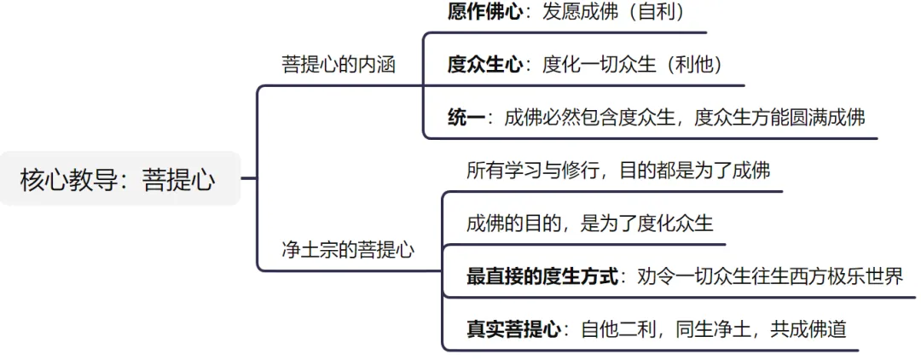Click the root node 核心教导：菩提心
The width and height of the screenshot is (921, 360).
coord(118,179)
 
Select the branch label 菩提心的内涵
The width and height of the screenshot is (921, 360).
coord(339,64)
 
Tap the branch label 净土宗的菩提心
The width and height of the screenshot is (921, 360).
coord(348,250)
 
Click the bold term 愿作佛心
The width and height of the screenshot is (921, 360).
coord(485,12)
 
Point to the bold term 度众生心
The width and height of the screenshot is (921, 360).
coord(485,65)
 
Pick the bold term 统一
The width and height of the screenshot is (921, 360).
coord(466,118)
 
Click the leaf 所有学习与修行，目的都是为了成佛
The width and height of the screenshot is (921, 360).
coord(618,171)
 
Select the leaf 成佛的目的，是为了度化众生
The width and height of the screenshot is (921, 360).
coord(589,224)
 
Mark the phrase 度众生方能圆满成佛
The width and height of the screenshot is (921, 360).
coord(779,118)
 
